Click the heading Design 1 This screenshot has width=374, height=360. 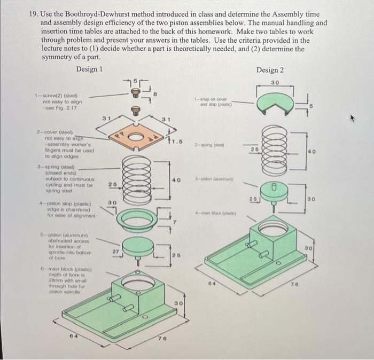point(89,69)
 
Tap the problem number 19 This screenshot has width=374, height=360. point(33,8)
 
